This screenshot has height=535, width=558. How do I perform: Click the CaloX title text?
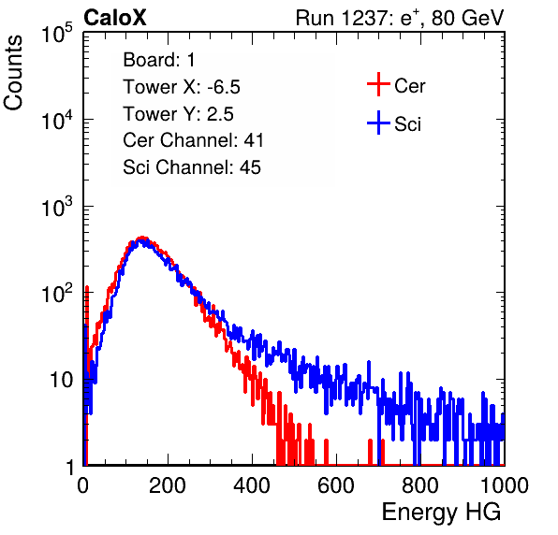click(114, 18)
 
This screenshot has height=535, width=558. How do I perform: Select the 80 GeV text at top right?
click(468, 19)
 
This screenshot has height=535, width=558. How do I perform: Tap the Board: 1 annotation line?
click(159, 60)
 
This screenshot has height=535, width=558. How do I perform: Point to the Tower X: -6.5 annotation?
click(182, 87)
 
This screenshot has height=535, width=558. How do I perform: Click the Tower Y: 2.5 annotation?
click(178, 114)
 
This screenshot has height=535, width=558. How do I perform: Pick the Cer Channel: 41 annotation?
click(193, 140)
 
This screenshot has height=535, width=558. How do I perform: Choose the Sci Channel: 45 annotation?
click(192, 167)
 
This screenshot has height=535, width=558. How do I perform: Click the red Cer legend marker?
click(378, 84)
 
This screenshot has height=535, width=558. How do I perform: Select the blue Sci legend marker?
click(378, 123)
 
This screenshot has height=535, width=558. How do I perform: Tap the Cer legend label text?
click(409, 86)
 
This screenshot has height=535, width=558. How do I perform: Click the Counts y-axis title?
click(13, 72)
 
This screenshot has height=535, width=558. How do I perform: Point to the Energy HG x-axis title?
click(441, 513)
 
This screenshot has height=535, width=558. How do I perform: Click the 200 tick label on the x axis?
click(168, 485)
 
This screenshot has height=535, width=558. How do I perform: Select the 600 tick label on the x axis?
click(336, 485)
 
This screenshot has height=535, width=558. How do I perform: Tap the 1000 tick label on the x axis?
click(505, 485)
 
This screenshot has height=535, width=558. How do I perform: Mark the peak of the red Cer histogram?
click(142, 238)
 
